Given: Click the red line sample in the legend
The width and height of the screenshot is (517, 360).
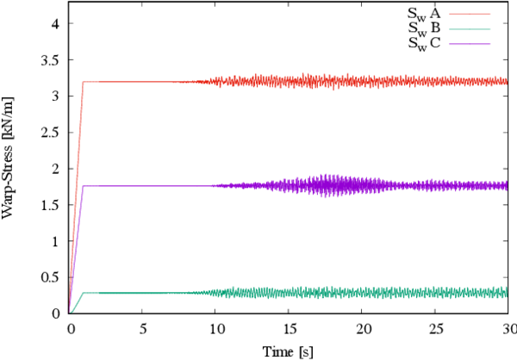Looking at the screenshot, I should pyautogui.click(x=470, y=14).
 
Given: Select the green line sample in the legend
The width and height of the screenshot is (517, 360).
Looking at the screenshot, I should pyautogui.click(x=470, y=29).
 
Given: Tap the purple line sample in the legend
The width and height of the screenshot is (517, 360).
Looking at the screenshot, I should pyautogui.click(x=470, y=44).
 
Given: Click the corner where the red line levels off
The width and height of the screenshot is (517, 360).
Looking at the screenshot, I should pyautogui.click(x=84, y=82).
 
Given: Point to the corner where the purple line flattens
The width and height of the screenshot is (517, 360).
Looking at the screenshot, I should pyautogui.click(x=84, y=186).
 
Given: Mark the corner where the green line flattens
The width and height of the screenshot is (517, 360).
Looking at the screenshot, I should pyautogui.click(x=84, y=294).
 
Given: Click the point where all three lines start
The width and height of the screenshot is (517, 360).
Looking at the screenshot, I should pyautogui.click(x=70, y=312).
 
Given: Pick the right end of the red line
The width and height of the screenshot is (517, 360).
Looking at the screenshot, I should pyautogui.click(x=507, y=82).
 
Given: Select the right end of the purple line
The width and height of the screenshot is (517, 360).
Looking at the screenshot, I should pyautogui.click(x=507, y=186).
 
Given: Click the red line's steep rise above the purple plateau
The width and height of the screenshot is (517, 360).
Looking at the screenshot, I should pyautogui.click(x=80, y=129).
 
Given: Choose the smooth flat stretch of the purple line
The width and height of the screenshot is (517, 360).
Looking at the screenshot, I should pyautogui.click(x=138, y=186).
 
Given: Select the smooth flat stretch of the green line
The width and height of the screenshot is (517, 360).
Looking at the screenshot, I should pyautogui.click(x=138, y=294).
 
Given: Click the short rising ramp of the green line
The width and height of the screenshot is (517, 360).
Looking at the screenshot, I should pyautogui.click(x=78, y=301).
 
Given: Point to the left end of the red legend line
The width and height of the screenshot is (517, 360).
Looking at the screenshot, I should pyautogui.click(x=451, y=14).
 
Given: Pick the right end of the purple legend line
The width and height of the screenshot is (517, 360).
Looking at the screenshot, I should pyautogui.click(x=489, y=44).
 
